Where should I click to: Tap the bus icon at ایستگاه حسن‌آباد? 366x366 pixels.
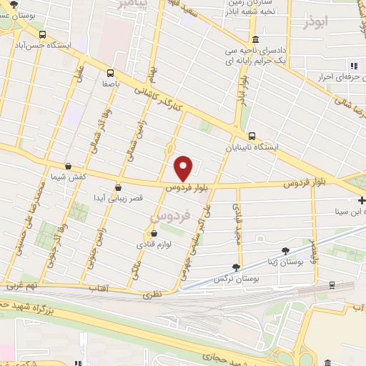pyautogui.click(x=43, y=34)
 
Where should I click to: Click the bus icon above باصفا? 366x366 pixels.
pyautogui.click(x=110, y=72)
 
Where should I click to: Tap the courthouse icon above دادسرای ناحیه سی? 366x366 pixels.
pyautogui.click(x=255, y=39)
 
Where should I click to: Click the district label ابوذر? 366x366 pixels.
pyautogui.click(x=314, y=22)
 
